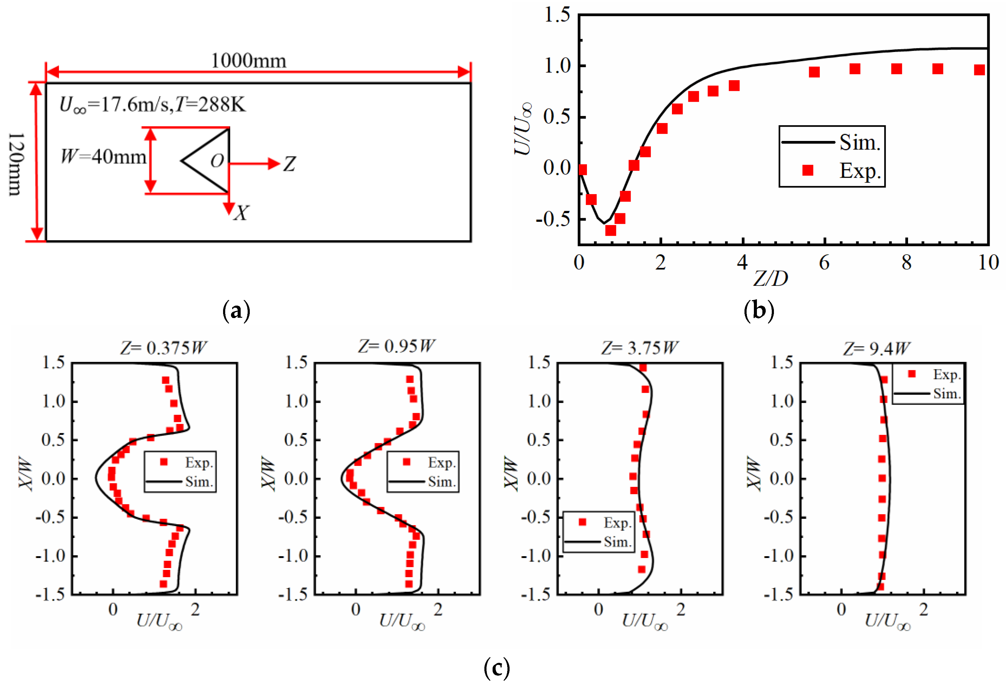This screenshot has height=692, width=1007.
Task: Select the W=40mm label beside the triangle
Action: coord(103,156)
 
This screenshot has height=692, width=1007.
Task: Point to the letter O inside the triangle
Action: coord(217,161)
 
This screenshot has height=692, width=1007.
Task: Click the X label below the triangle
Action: coord(241,213)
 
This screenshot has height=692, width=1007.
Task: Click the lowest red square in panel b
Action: coord(611,230)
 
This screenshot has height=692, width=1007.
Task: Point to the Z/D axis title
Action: coord(770,278)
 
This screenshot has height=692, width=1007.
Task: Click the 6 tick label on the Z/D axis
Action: coord(824,263)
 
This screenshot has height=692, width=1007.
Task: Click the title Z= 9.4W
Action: coord(876,348)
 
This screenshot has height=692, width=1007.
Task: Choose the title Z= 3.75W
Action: coord(639,348)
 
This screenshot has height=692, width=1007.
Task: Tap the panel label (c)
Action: coord(497,668)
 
